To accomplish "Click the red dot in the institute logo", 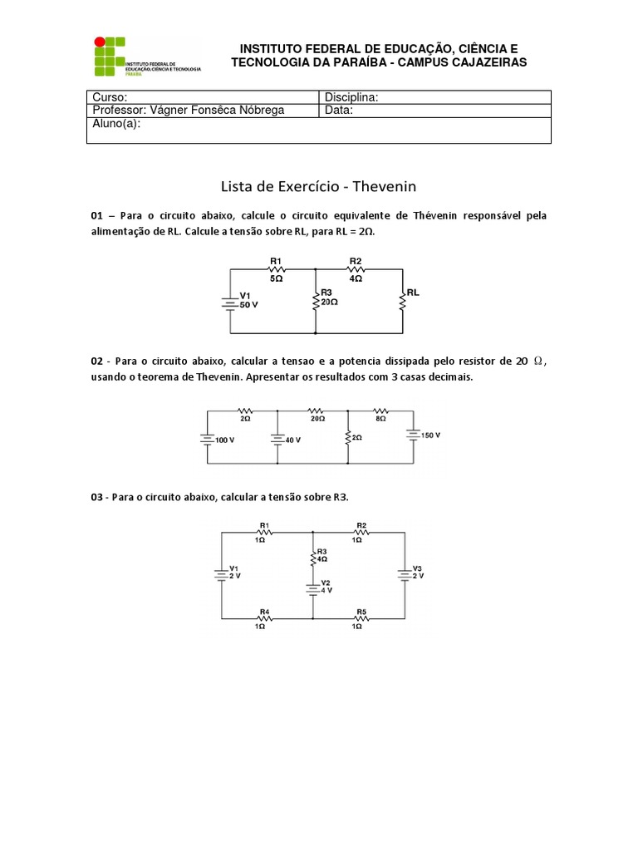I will [100, 41].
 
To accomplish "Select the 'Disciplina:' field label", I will [351, 97].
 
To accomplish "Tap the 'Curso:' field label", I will [110, 97].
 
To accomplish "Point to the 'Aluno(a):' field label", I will [117, 124].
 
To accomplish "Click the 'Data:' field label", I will [339, 110].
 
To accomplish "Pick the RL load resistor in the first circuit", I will [403, 301].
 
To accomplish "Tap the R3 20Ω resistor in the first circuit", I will [316, 301].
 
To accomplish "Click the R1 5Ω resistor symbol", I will [276, 269].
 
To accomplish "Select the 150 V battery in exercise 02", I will [413, 435].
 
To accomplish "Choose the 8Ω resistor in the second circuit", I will [380, 410].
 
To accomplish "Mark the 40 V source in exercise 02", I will [277, 439].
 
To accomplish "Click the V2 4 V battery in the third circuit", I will [312, 588].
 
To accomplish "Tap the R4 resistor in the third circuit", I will [263, 618].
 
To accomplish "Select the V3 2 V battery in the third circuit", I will [404, 573].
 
